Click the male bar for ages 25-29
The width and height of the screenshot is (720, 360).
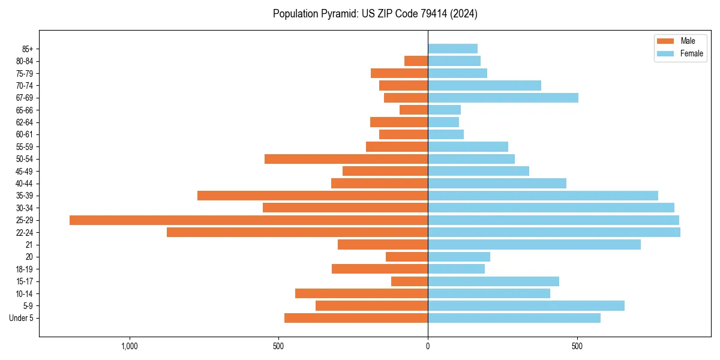[x=248, y=220]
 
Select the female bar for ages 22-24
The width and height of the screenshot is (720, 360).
[x=554, y=232]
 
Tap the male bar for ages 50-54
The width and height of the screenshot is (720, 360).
[x=346, y=159]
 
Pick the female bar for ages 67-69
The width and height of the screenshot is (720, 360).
[x=503, y=98]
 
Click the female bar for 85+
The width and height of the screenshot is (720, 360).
[x=452, y=49]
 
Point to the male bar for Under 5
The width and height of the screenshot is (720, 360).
[x=356, y=318]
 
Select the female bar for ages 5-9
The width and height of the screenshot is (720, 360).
[x=526, y=305]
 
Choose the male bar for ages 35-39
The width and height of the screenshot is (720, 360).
[x=313, y=196]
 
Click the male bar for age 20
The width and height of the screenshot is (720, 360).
[x=407, y=257]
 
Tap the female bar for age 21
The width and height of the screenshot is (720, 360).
[x=534, y=244]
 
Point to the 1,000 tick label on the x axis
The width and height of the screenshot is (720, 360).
[x=130, y=346]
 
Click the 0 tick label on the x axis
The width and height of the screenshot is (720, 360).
[x=428, y=346]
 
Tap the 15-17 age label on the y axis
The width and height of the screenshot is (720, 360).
[x=25, y=281]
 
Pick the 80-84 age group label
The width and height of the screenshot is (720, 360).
[x=25, y=61]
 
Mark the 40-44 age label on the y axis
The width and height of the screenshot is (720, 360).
[x=25, y=184]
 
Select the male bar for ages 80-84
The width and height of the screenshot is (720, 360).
[x=416, y=61]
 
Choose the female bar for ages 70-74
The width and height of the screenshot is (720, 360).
[x=484, y=86]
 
